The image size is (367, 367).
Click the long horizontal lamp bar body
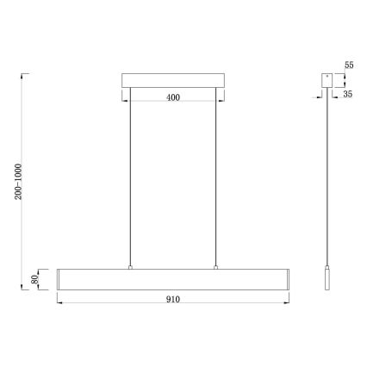tap(172, 279)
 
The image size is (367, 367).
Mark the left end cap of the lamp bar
tap(59, 279)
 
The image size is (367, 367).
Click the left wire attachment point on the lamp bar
tap(129, 268)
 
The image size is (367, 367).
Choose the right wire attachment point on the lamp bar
tap(215, 268)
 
